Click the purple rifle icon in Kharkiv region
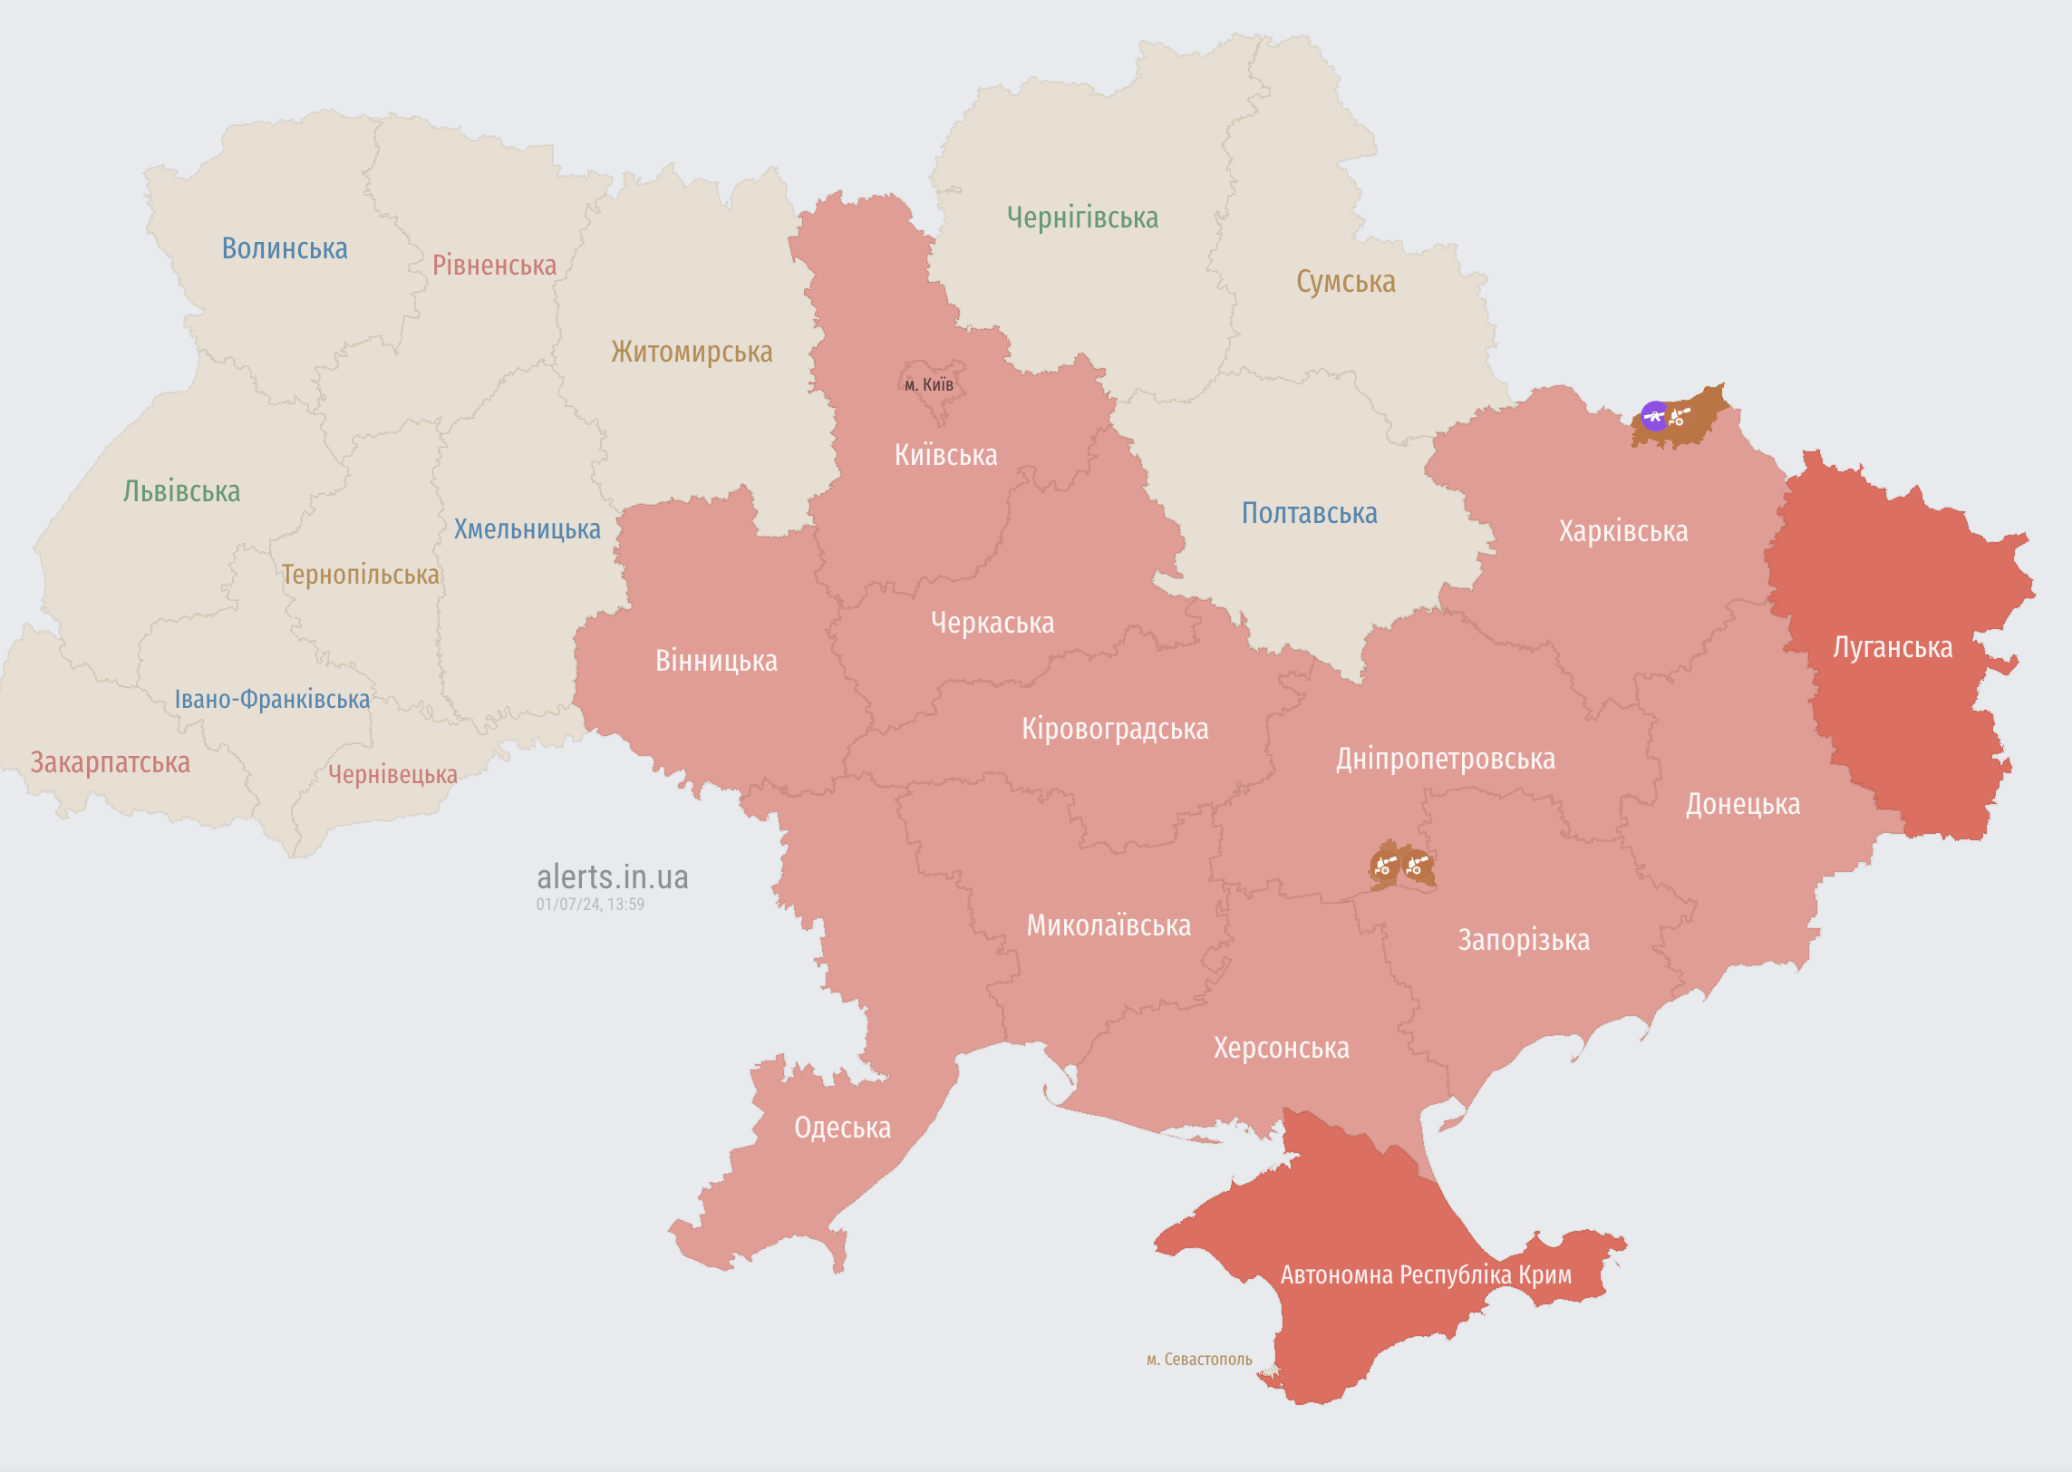click(x=1655, y=416)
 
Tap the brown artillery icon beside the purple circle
click(x=1680, y=417)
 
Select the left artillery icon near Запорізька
click(x=1384, y=865)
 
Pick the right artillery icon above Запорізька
click(x=1417, y=865)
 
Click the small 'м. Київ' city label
click(x=929, y=385)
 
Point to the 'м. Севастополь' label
click(x=1199, y=1360)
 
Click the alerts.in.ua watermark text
click(x=613, y=877)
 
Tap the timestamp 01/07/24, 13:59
click(x=590, y=905)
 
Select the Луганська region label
click(x=1893, y=647)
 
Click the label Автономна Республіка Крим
click(x=1426, y=1274)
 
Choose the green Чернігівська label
click(x=1082, y=218)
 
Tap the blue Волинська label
click(x=285, y=248)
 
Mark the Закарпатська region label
click(x=111, y=762)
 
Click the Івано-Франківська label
click(x=272, y=699)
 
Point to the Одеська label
click(x=842, y=1128)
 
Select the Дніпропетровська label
click(x=1445, y=759)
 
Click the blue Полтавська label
click(x=1309, y=513)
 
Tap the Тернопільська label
click(x=360, y=575)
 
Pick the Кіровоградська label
click(x=1115, y=729)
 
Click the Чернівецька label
click(x=392, y=774)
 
